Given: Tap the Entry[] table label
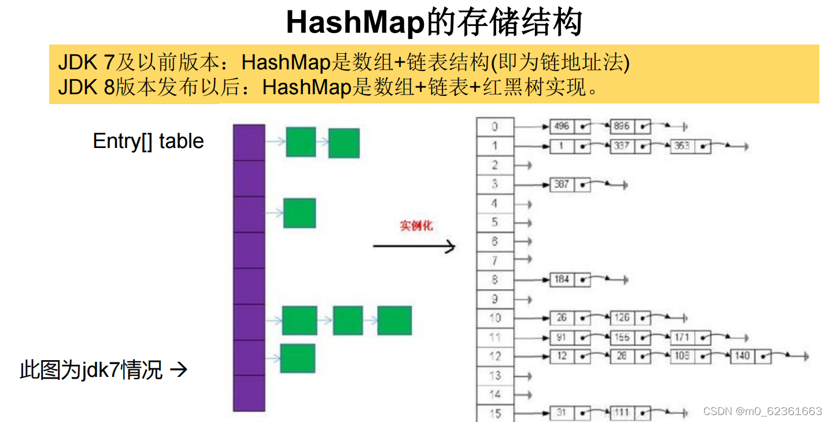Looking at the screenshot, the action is click(x=148, y=141).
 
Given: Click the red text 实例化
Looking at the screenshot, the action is click(x=416, y=226).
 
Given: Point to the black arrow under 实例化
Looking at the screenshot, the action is click(x=414, y=247).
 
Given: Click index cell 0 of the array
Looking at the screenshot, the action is click(x=494, y=127).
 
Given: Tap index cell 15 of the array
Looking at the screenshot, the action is click(x=494, y=413).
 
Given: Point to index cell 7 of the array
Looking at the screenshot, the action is click(x=494, y=261).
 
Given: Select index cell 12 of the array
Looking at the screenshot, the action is click(x=494, y=356).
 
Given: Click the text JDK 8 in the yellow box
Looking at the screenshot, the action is click(x=86, y=87).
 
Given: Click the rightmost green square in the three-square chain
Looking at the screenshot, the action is click(x=394, y=321).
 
